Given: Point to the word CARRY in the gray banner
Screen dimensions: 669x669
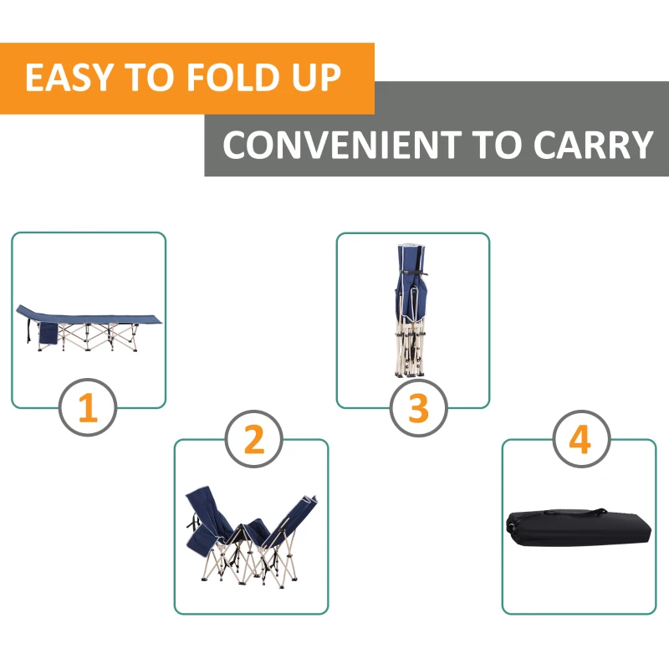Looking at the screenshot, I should [593, 145].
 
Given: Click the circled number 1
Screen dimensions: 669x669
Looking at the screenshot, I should [88, 408].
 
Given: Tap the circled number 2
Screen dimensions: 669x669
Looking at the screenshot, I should [253, 439].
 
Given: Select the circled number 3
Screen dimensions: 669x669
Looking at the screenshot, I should [418, 408].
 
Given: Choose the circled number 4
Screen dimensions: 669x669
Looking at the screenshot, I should [580, 439].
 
